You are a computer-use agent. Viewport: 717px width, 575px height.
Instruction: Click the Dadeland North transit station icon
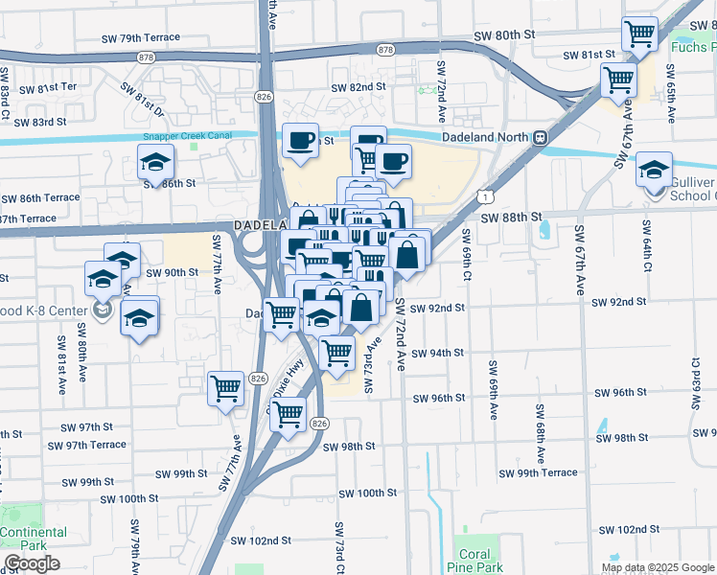[541, 137]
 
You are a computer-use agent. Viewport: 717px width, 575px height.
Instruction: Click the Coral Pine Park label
[474, 561]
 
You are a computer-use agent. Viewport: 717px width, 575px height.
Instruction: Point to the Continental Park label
[33, 539]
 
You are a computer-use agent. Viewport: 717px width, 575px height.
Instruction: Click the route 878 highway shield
[385, 49]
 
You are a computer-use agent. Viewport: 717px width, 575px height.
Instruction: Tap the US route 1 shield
[488, 196]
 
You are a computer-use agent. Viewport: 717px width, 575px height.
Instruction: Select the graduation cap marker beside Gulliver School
[655, 169]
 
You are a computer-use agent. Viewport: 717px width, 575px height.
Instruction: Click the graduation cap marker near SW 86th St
[156, 162]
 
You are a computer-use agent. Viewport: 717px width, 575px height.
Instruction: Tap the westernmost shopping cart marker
[225, 388]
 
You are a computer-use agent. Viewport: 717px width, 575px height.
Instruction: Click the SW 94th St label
[438, 353]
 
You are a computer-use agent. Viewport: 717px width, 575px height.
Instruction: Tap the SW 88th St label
[512, 218]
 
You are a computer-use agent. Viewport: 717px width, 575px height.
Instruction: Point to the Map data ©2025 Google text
[657, 567]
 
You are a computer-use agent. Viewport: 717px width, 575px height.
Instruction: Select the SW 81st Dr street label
[142, 99]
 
